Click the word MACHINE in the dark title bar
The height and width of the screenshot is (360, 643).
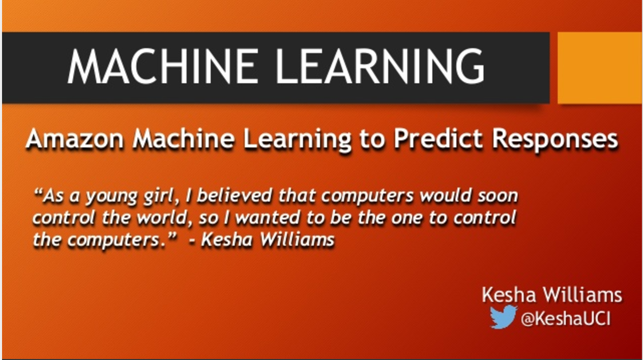click(x=162, y=66)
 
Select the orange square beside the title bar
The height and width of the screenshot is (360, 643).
click(x=599, y=68)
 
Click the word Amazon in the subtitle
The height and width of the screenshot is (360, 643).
click(x=75, y=139)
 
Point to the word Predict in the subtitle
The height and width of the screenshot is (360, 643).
click(x=438, y=138)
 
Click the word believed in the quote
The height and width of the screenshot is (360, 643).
click(x=235, y=196)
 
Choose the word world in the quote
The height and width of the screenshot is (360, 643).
click(x=164, y=218)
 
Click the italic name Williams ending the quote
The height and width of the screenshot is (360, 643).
click(x=297, y=239)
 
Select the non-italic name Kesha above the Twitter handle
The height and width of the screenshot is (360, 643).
click(x=509, y=295)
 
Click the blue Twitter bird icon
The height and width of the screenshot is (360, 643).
click(x=503, y=317)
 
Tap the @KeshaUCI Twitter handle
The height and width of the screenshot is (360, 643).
click(x=566, y=319)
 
